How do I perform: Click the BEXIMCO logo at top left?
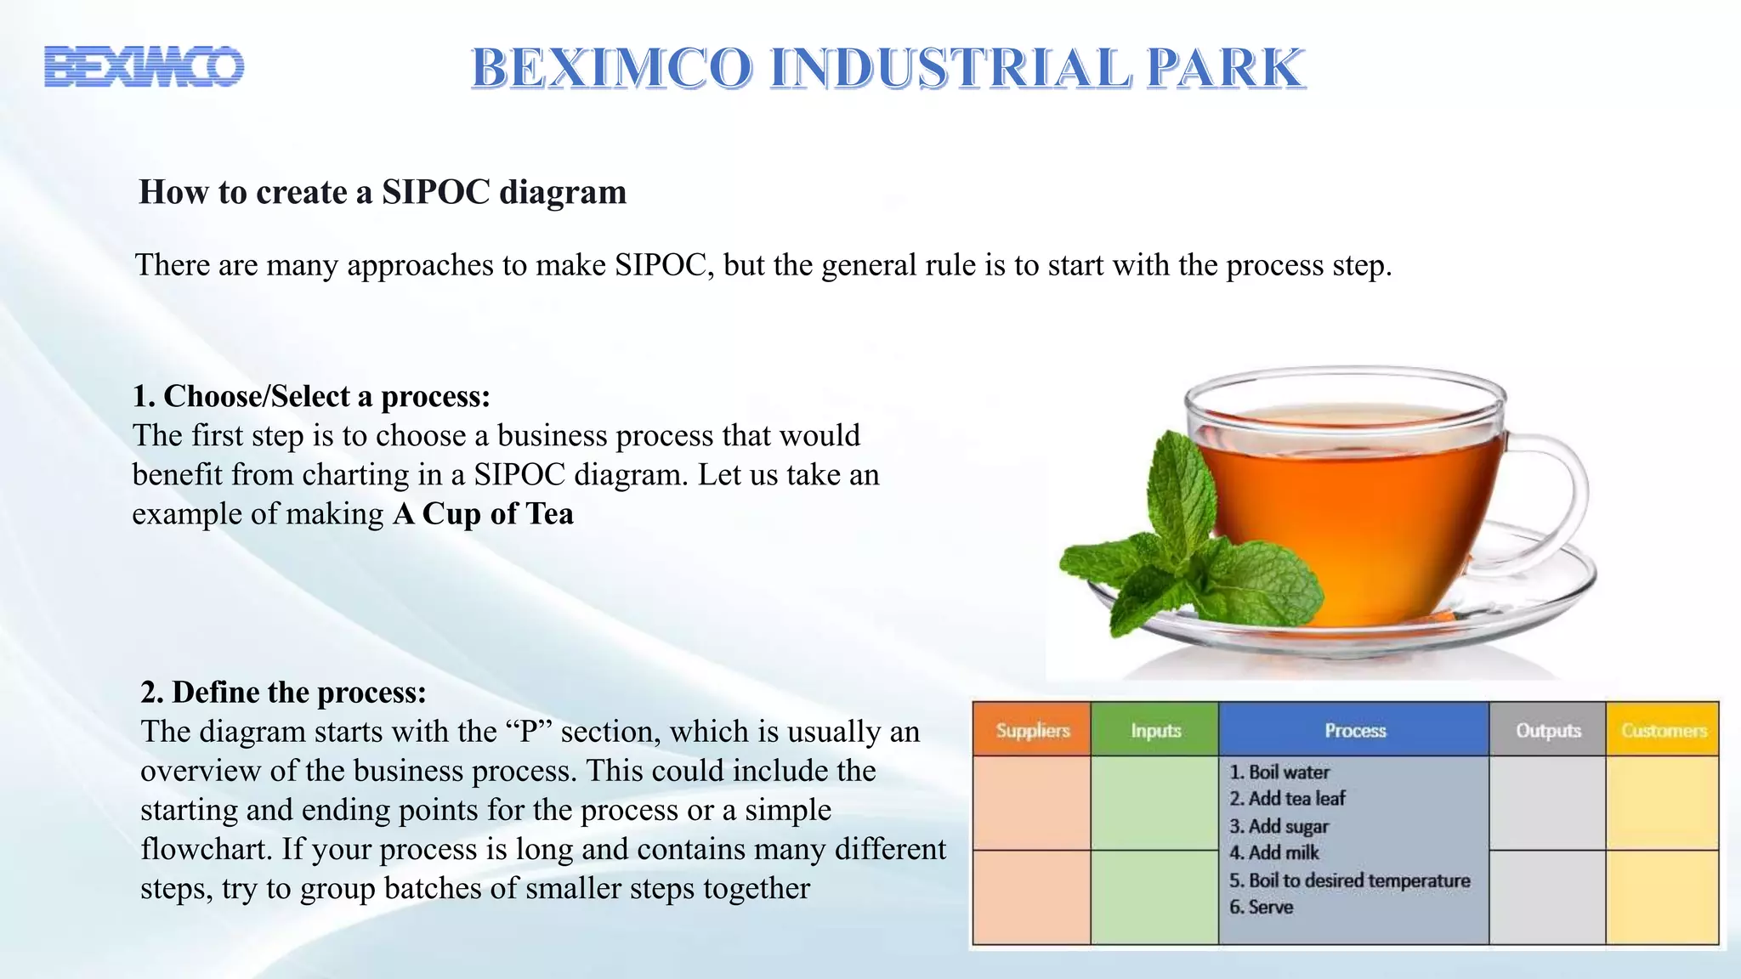point(144,66)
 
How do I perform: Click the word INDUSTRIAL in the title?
point(950,68)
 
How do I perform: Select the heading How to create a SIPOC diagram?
point(383,192)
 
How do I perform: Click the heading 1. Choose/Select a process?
point(311,396)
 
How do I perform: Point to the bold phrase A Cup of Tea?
point(483,514)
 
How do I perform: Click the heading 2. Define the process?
point(283,692)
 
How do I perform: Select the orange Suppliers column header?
point(1032,730)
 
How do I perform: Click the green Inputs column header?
point(1155,730)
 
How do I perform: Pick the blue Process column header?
point(1354,730)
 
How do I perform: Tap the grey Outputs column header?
point(1548,730)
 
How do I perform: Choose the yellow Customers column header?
point(1663,730)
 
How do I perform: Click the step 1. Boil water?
point(1279,772)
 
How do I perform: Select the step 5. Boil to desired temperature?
point(1349,880)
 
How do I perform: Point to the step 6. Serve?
point(1261,907)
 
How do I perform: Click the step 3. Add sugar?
point(1279,826)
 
